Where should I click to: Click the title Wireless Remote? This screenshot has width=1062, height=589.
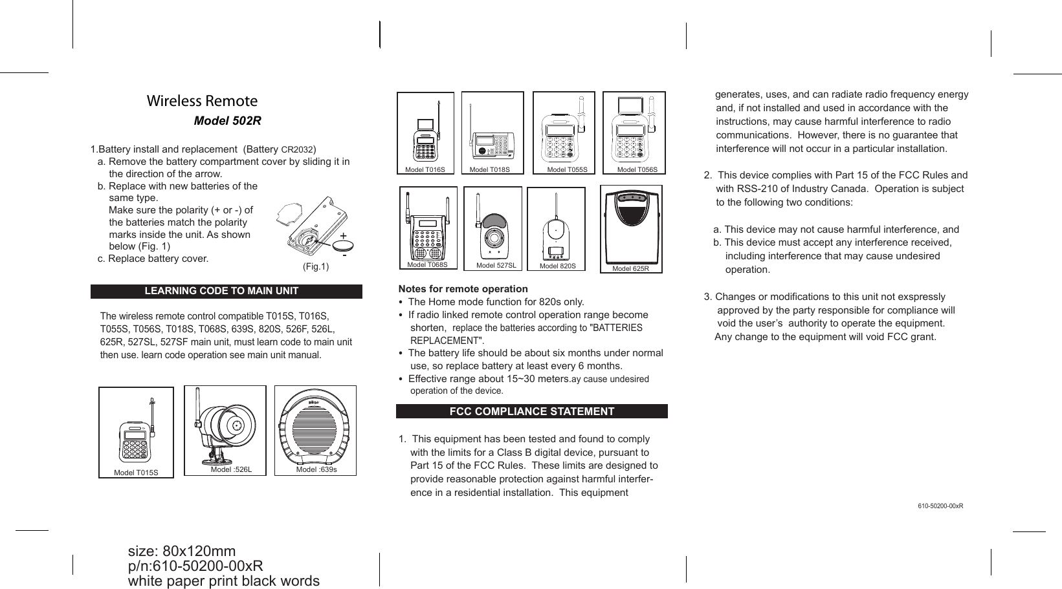[x=202, y=101]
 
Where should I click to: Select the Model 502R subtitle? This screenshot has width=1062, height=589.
[x=228, y=122]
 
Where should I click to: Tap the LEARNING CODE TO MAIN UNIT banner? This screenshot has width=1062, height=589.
[x=221, y=291]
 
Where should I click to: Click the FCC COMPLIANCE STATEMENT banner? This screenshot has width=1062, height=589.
[x=531, y=412]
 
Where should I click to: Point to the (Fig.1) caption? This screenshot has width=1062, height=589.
[x=316, y=267]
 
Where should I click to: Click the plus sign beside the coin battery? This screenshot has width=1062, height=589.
[x=343, y=235]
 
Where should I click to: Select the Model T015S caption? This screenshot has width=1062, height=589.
[x=136, y=473]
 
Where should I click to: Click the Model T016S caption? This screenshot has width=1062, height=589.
[x=425, y=170]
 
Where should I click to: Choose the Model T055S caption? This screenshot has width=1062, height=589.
[x=568, y=170]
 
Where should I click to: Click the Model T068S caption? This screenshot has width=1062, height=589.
[x=428, y=264]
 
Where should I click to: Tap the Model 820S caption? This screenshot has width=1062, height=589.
[x=558, y=266]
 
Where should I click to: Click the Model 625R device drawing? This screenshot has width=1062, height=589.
[x=632, y=226]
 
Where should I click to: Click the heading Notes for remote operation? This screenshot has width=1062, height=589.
[x=463, y=289]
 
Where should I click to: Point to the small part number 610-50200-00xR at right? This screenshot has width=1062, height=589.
[x=940, y=506]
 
